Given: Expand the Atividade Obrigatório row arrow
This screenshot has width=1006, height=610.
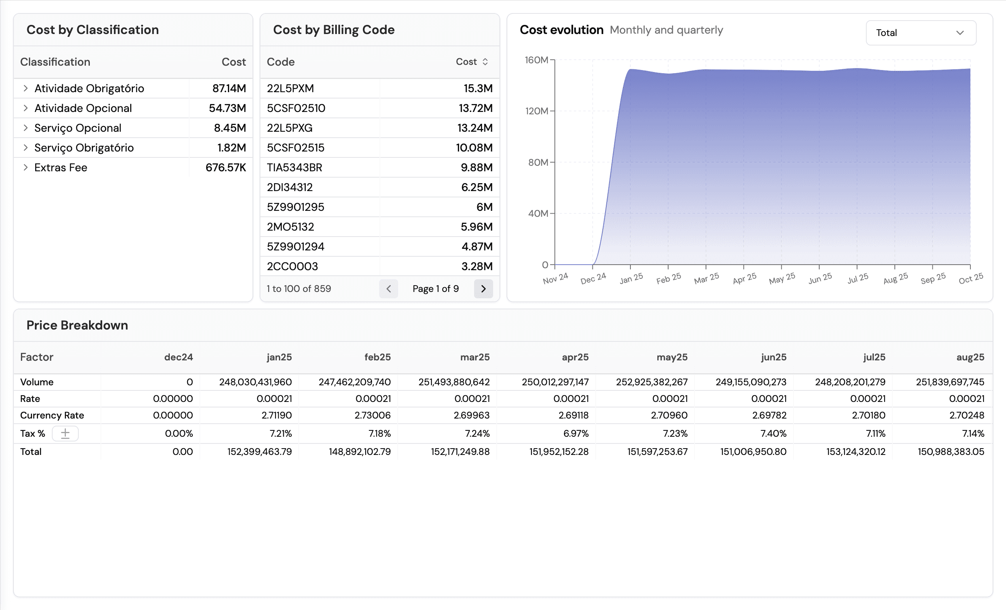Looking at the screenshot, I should point(25,88).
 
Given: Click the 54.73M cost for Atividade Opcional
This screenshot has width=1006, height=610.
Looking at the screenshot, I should point(227,108).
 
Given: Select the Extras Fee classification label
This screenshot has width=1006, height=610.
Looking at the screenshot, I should point(61,168).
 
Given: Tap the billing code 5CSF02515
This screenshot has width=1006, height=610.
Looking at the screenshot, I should point(296,148).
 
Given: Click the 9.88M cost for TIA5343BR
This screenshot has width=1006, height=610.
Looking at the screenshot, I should point(476,168).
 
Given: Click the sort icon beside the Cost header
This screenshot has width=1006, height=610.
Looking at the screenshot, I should point(485,62).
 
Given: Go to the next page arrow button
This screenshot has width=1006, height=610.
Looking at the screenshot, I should point(483,289).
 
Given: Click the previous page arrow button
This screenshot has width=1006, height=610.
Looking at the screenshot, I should point(388,289).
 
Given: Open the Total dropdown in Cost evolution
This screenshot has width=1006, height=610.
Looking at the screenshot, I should point(921,33).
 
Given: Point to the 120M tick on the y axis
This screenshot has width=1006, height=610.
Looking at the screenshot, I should point(537,111).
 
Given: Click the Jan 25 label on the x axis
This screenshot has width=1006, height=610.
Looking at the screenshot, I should point(631,278).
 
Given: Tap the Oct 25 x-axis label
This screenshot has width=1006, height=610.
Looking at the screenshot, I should point(970,278).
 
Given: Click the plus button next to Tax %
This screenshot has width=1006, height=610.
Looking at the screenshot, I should point(65,433).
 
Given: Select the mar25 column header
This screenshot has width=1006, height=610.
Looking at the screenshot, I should point(475,357).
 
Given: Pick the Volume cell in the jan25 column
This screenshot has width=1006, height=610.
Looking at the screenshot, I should point(255,382).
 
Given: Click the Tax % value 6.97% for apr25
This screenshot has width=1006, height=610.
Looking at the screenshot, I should point(576,433).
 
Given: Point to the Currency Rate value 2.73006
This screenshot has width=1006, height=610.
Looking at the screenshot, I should point(372,415).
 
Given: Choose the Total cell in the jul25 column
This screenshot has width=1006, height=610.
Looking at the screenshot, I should point(856,452).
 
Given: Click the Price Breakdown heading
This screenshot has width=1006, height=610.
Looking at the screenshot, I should point(77,325).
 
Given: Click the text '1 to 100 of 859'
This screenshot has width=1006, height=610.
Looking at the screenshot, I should point(299,289).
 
